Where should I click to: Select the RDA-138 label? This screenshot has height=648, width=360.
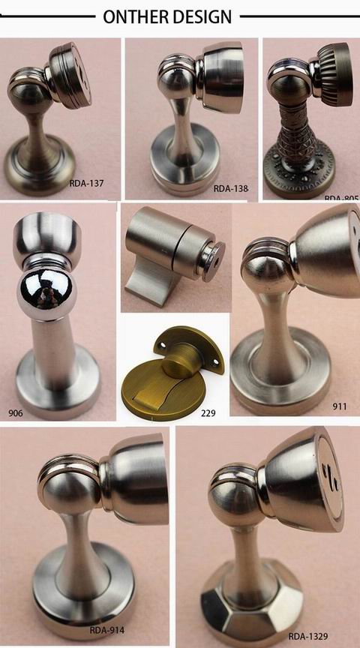pos(230,188)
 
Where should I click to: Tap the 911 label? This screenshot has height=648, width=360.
pos(340,406)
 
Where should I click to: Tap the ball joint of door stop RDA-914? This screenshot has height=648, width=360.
pos(68,488)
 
